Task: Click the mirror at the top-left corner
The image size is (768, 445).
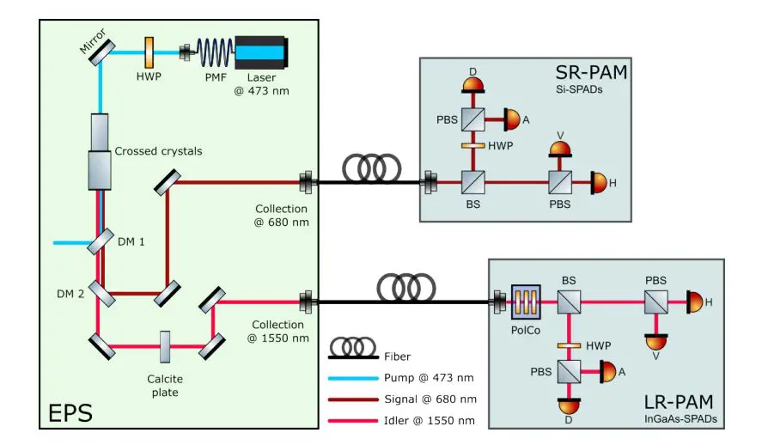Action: point(102,51)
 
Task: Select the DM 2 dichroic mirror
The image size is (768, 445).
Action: point(101,293)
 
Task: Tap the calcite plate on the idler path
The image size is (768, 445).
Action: point(163,345)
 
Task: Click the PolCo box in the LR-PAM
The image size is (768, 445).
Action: point(524,302)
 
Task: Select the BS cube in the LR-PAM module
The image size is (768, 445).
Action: point(568,302)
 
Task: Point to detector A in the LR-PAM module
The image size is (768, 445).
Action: point(607,372)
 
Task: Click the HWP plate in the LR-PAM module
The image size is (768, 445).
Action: point(568,345)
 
